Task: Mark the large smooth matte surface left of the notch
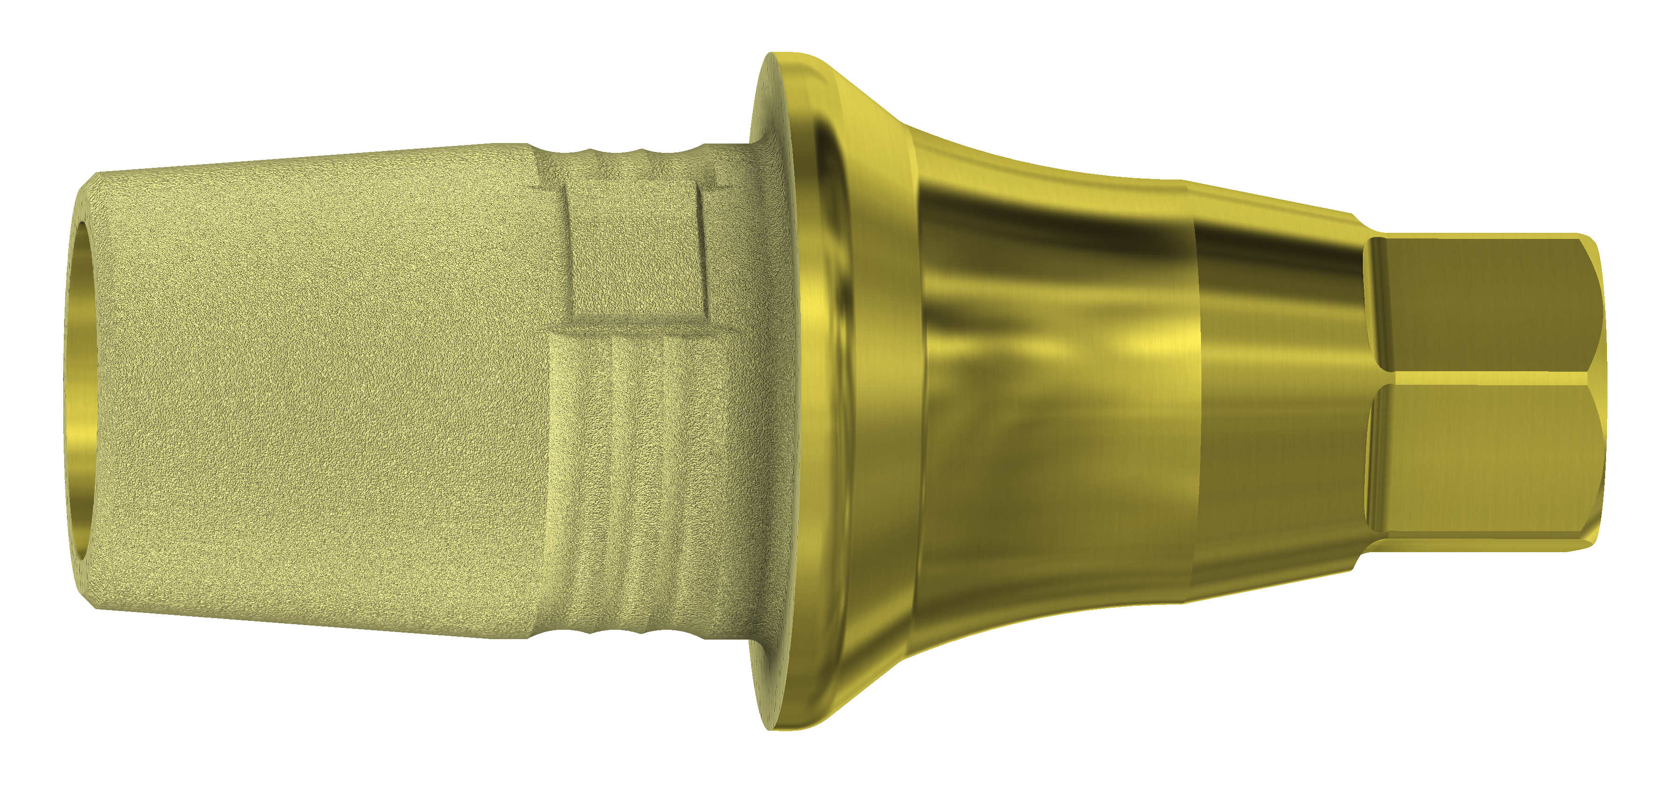click(325, 389)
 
